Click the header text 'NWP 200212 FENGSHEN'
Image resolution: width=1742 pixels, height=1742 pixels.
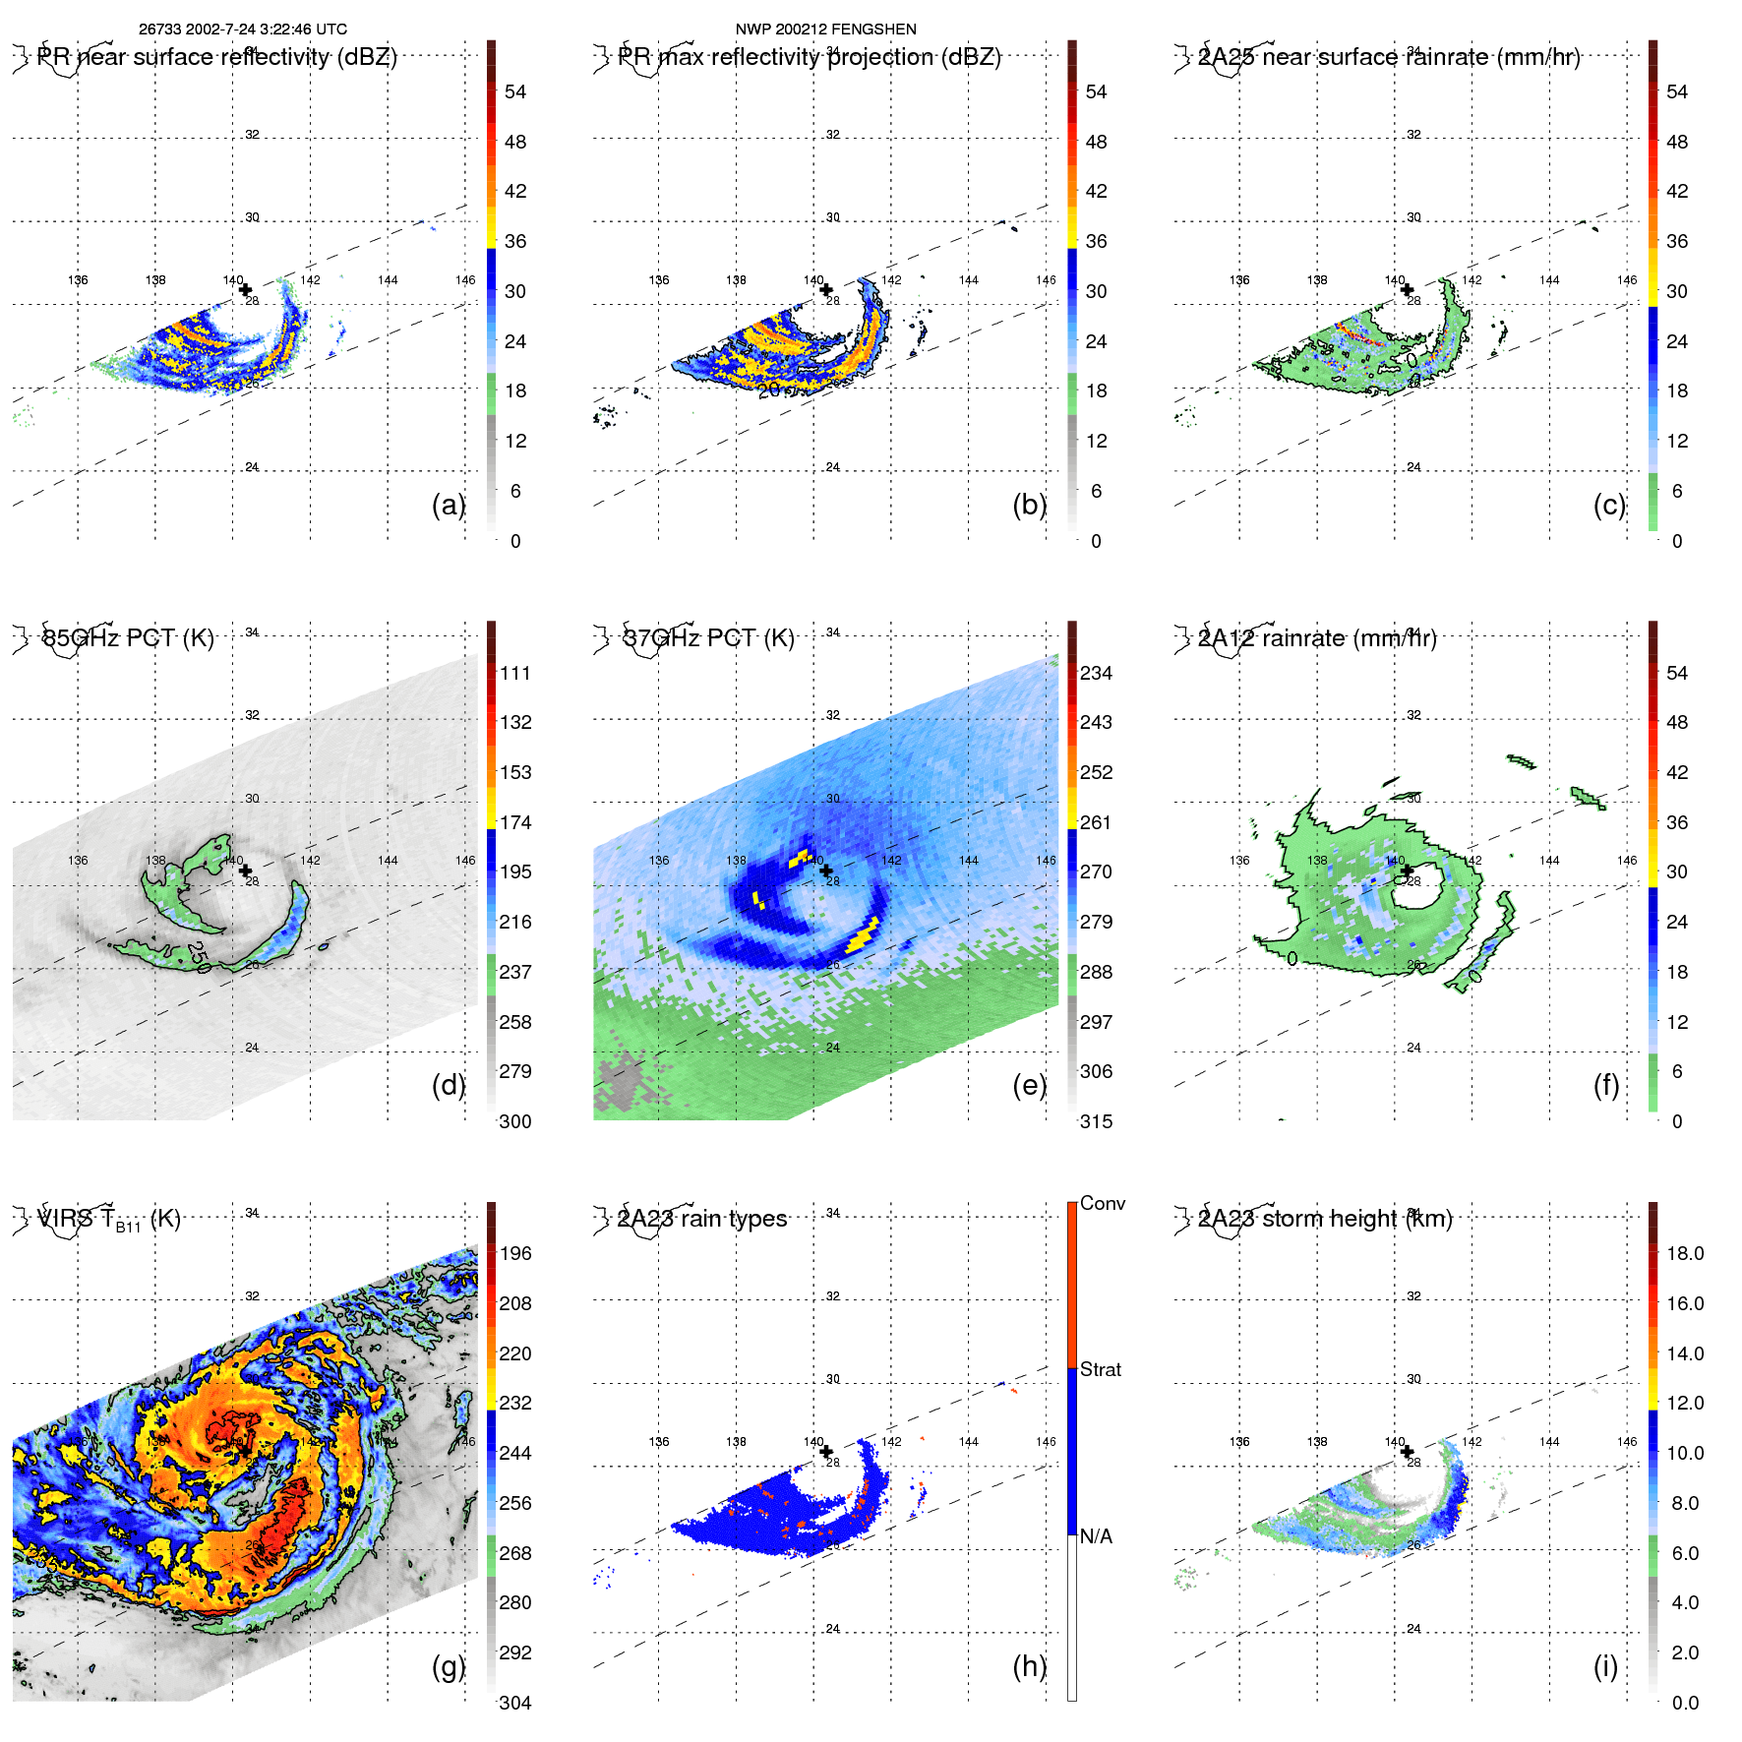coord(825,30)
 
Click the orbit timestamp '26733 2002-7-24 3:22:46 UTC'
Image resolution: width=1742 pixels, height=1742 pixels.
coord(242,30)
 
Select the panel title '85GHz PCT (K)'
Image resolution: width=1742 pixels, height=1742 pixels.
coord(128,638)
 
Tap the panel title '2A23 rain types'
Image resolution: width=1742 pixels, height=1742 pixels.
coord(702,1219)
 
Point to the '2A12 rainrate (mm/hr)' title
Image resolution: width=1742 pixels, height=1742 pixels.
coord(1317,638)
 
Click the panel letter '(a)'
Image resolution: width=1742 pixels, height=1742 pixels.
coord(448,505)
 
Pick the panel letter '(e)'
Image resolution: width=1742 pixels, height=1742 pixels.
coord(1029,1085)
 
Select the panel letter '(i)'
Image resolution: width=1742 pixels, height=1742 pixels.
coord(1605,1666)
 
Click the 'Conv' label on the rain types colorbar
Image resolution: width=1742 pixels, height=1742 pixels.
coord(1103,1203)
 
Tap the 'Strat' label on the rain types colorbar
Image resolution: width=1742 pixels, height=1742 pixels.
coord(1101,1369)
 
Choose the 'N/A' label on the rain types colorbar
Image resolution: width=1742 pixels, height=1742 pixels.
coord(1096,1536)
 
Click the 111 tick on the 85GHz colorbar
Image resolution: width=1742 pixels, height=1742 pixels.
coord(515,673)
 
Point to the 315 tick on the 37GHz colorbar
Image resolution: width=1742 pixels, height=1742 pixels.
coord(1096,1121)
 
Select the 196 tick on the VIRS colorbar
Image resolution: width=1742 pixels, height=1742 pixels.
coord(515,1253)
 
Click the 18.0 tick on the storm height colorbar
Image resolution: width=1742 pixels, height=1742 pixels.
coord(1685,1253)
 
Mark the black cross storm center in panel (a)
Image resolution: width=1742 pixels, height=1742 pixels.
coord(245,290)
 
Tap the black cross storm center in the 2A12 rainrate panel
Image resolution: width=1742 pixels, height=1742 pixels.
coord(1407,871)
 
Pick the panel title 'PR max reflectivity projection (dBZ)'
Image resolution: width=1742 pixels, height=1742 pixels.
coord(810,57)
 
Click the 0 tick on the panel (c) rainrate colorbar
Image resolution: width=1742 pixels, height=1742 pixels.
coord(1677,541)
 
